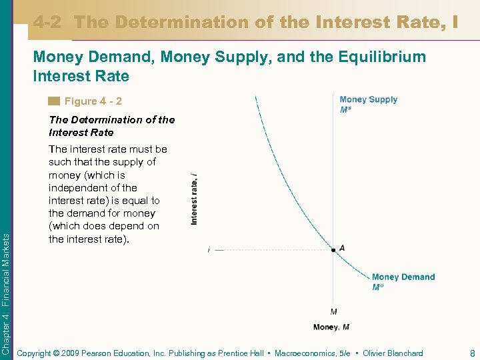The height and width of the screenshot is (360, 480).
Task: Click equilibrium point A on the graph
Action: pyautogui.click(x=333, y=250)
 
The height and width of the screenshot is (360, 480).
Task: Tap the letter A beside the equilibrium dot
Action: pyautogui.click(x=342, y=248)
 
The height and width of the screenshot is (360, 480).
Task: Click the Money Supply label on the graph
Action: pyautogui.click(x=368, y=100)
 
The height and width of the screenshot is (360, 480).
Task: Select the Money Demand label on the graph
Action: pyautogui.click(x=403, y=277)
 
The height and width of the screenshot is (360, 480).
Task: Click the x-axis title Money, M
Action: pyautogui.click(x=331, y=327)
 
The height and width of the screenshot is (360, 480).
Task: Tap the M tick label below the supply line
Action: pyautogui.click(x=333, y=311)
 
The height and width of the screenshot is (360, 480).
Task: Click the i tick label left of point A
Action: pyautogui.click(x=209, y=250)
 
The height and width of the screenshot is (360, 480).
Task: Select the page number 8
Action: pyautogui.click(x=471, y=353)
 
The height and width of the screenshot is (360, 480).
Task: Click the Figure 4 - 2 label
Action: pyautogui.click(x=93, y=102)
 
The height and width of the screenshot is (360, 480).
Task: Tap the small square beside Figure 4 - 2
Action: pyautogui.click(x=54, y=102)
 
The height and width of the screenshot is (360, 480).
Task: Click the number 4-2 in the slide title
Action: pyautogui.click(x=47, y=23)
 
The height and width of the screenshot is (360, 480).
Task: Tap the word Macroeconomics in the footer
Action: pyautogui.click(x=305, y=353)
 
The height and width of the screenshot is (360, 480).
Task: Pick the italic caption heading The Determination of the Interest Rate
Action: pyautogui.click(x=111, y=126)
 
